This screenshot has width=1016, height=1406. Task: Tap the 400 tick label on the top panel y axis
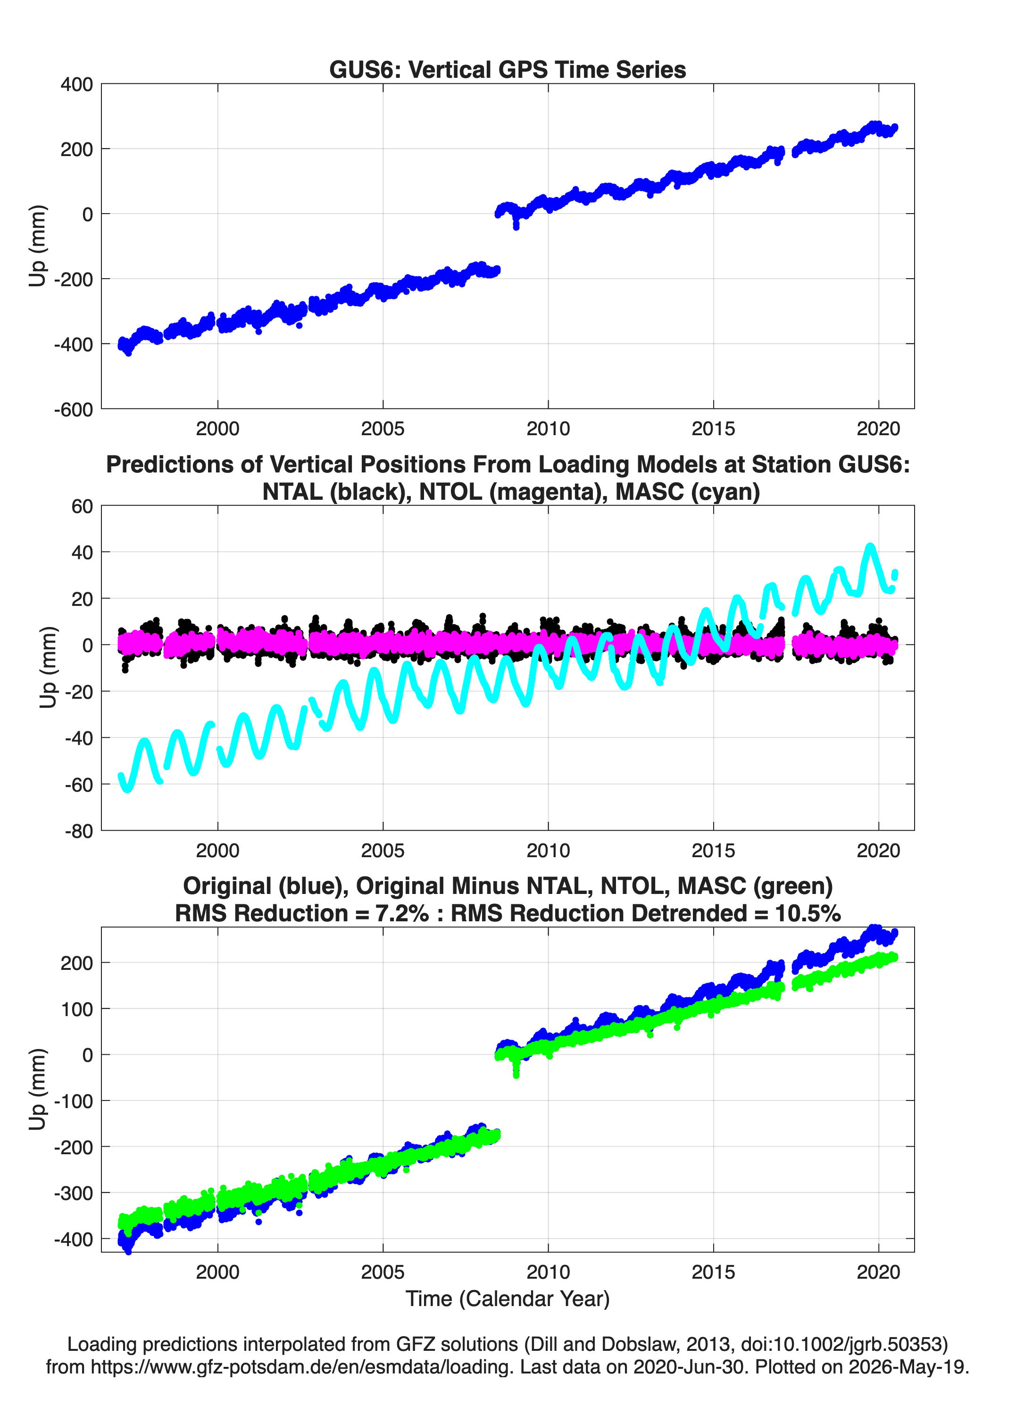point(76,84)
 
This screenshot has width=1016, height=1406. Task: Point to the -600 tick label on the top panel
point(73,410)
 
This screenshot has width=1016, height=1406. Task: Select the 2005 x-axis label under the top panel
point(383,429)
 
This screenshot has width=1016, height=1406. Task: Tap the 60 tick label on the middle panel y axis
point(83,506)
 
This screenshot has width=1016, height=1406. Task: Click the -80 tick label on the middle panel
point(79,831)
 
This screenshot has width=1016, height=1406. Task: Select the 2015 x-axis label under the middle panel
point(713,851)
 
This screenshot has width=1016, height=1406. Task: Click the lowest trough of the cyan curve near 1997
point(128,790)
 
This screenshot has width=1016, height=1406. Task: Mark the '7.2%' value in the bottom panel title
point(402,913)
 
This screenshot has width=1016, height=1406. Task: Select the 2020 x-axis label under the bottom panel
point(878,1272)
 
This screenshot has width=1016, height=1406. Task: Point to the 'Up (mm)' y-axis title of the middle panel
point(48,668)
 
